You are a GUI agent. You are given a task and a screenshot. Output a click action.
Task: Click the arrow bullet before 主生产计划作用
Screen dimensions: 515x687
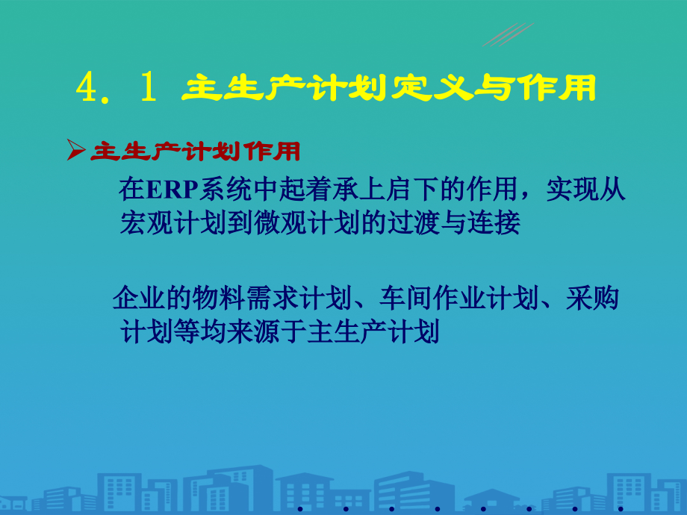[x=75, y=152]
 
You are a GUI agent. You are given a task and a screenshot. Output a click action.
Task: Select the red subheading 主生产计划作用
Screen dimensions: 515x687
[x=195, y=152]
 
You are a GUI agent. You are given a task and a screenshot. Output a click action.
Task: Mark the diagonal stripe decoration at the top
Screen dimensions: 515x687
[x=508, y=34]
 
